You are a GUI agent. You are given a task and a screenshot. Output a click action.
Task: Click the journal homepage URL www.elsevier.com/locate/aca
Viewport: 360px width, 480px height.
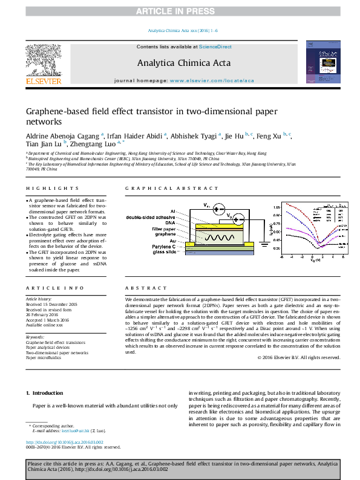click(x=212, y=80)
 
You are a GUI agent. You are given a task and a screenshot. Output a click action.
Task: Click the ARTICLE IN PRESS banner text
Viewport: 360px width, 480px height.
click(x=180, y=11)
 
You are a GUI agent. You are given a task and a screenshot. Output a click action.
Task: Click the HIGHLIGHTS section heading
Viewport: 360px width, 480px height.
click(x=44, y=189)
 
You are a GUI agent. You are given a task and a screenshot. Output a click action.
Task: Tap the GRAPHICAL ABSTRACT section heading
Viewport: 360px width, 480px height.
click(x=159, y=189)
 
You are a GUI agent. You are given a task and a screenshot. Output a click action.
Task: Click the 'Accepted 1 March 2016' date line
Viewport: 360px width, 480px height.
click(x=49, y=320)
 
